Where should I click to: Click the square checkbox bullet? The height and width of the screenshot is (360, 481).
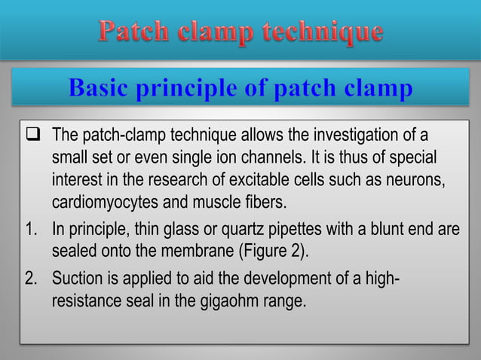tap(32, 136)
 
